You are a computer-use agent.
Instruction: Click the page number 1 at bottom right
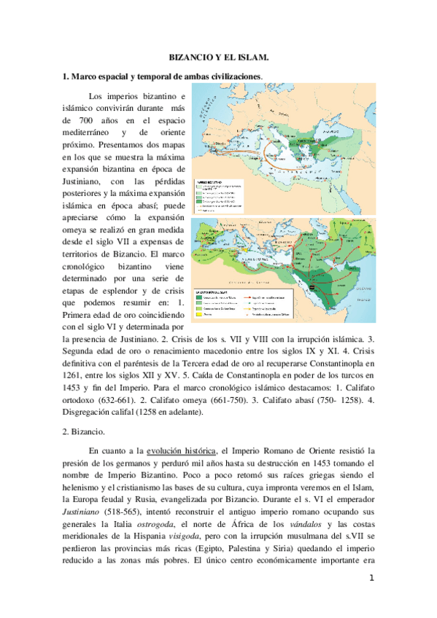pyautogui.click(x=371, y=579)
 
